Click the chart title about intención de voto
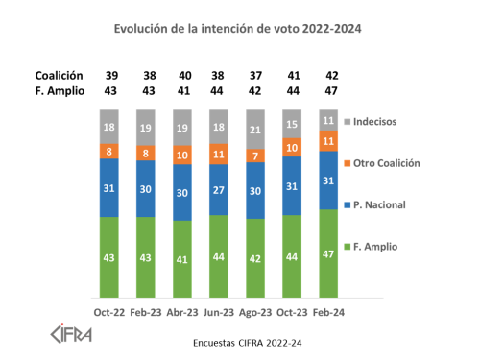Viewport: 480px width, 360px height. [238, 29]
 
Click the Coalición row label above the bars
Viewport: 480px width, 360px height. [59, 75]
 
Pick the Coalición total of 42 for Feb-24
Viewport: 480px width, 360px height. [331, 75]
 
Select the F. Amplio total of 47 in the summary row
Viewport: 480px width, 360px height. [331, 91]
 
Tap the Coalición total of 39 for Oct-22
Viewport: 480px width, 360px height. [112, 75]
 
